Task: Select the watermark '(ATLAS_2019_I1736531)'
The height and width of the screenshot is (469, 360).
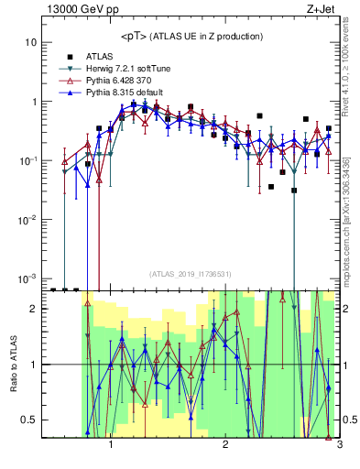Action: (190, 274)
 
